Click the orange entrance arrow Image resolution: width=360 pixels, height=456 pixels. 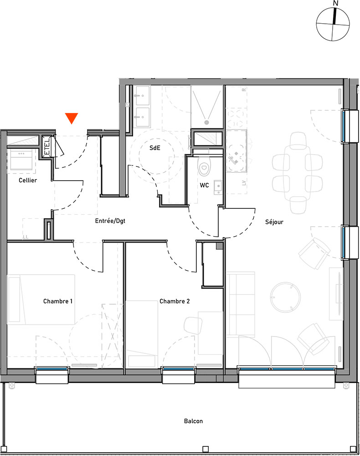(72, 118)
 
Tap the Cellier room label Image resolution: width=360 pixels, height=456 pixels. (28, 180)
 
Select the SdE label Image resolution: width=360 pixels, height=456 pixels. (155, 148)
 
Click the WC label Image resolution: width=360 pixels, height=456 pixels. (204, 185)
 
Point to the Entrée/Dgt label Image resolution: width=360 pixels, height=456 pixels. (110, 221)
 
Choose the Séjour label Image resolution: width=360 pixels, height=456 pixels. (274, 222)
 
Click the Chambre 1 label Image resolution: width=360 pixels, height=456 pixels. (58, 301)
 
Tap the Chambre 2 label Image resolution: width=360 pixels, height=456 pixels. (175, 301)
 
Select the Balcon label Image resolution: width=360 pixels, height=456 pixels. (194, 421)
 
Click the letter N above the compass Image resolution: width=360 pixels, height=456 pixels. (336, 4)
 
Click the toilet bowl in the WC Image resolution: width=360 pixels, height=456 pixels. (204, 166)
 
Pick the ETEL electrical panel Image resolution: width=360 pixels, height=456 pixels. (47, 147)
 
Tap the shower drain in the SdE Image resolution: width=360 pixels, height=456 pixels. (207, 122)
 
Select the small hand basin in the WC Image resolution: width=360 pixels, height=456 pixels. (218, 187)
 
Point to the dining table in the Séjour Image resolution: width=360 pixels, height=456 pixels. (298, 173)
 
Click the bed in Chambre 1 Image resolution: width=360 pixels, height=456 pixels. (41, 300)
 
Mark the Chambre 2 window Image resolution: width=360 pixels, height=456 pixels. (178, 369)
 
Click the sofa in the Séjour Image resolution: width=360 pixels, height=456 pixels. (241, 304)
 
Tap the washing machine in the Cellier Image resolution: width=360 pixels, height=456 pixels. (21, 159)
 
